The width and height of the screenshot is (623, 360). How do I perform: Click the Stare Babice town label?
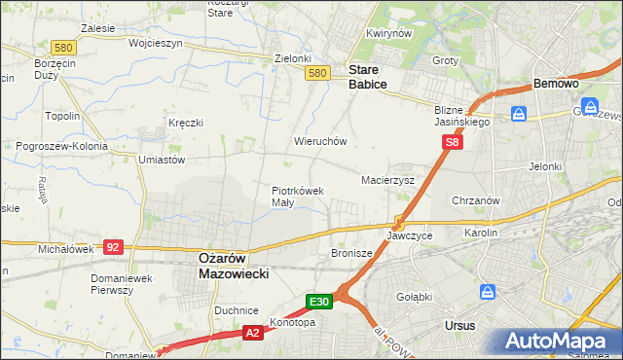click(368, 77)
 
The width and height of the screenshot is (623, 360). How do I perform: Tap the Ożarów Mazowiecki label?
click(234, 266)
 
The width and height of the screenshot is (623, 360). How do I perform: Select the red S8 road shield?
click(452, 142)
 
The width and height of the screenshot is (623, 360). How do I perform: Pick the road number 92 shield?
click(112, 247)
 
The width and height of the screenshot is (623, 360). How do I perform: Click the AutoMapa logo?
click(559, 341)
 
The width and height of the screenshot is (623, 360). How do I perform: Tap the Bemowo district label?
click(557, 85)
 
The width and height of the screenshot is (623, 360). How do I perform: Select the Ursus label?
click(458, 325)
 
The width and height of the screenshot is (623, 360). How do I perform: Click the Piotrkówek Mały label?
click(297, 197)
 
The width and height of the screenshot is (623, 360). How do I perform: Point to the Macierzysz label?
click(387, 180)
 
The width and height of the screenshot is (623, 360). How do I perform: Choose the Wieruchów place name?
click(320, 141)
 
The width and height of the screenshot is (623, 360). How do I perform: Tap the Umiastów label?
click(162, 160)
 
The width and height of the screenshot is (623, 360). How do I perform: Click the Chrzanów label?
click(476, 200)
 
